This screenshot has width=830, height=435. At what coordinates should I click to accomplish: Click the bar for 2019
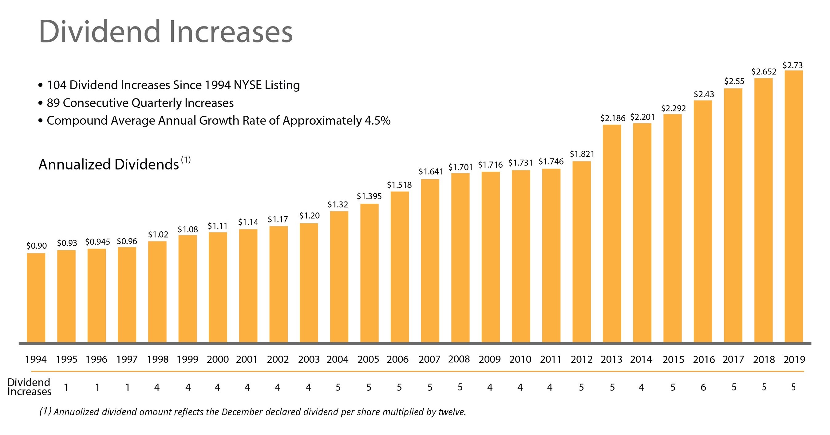[x=794, y=206]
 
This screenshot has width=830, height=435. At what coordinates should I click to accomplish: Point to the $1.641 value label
[x=431, y=172]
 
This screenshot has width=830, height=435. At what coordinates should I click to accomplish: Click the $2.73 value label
[x=792, y=66]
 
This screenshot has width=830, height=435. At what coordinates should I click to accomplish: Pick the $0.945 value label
[x=97, y=242]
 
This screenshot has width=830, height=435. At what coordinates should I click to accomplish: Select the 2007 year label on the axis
[x=429, y=359]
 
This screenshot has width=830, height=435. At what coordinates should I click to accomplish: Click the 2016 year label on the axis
[x=704, y=359]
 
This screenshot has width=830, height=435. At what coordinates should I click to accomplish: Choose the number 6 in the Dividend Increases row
[x=703, y=387]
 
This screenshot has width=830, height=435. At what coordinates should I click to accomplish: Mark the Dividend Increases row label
[x=29, y=387]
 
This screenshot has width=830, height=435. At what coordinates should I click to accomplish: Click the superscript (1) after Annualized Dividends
[x=186, y=160]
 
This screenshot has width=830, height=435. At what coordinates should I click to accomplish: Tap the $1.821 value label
[x=582, y=154]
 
